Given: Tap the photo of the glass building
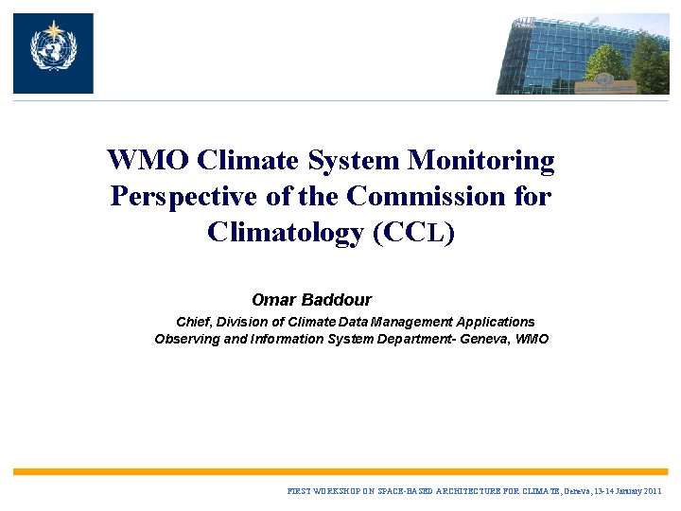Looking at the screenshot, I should [582, 54].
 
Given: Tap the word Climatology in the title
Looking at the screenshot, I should [285, 233].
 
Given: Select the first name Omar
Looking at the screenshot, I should [274, 300].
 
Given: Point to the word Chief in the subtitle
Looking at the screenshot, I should [194, 322].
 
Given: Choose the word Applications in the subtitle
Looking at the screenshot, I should [495, 322].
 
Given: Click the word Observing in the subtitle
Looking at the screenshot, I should [186, 339].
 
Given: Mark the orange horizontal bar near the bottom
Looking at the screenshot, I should [340, 471].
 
